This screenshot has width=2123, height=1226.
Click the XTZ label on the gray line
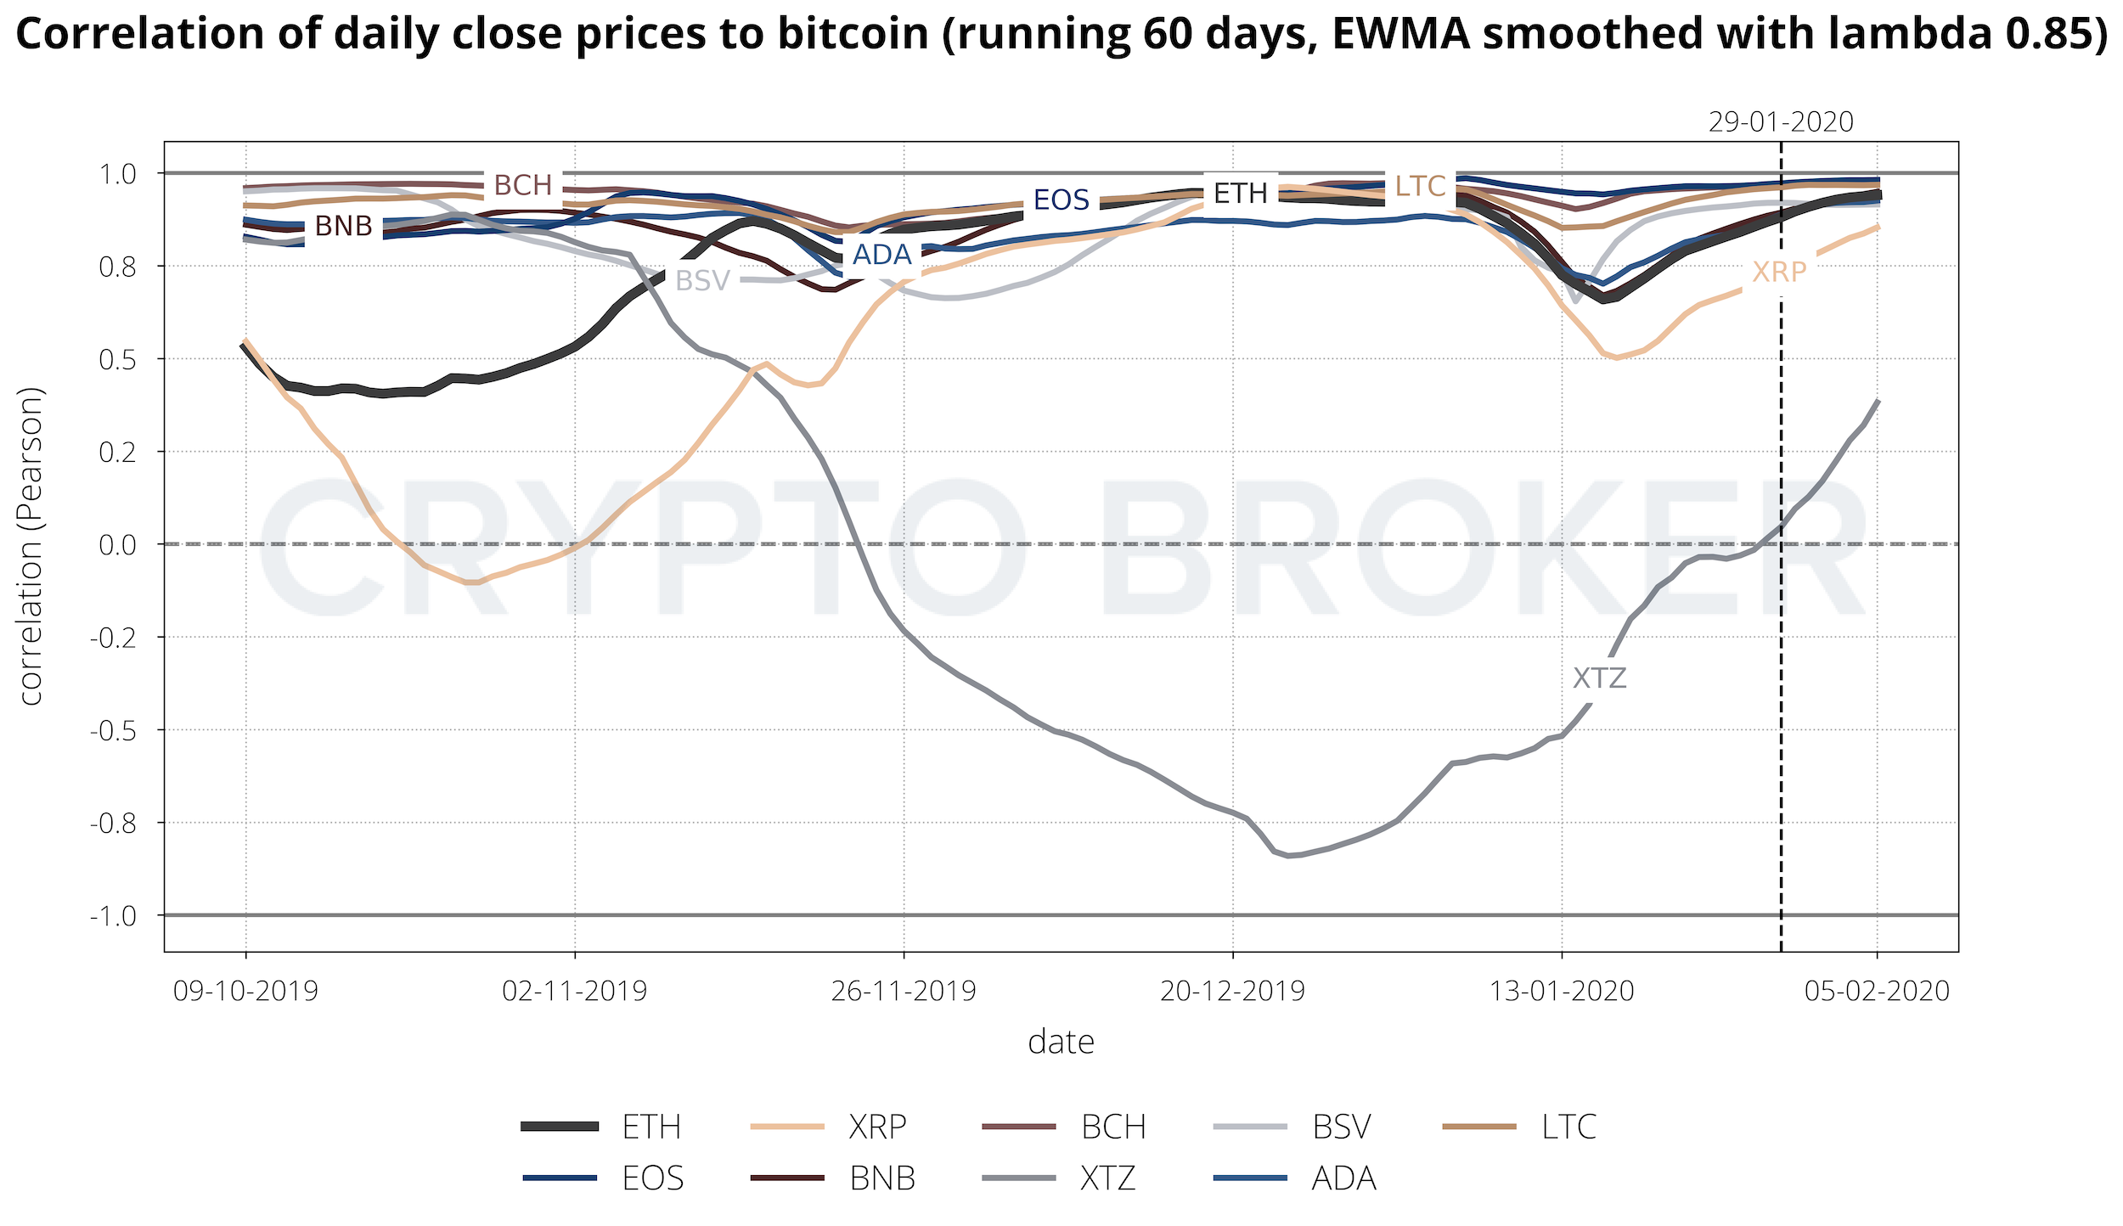point(1599,678)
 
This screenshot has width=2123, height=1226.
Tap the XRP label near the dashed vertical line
point(1779,273)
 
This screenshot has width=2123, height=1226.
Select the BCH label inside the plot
point(522,185)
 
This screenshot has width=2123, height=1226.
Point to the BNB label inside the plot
point(343,227)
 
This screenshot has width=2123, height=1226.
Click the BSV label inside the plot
point(702,281)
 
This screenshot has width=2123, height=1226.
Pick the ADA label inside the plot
point(881,255)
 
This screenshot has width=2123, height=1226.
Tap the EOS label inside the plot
point(1061,200)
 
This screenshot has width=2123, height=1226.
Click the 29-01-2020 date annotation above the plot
point(1781,122)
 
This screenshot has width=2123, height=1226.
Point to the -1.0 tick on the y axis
point(113,916)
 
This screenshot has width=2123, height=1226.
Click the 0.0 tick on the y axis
point(117,545)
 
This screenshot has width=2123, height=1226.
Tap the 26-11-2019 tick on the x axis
point(904,991)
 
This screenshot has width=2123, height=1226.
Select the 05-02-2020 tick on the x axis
point(1877,991)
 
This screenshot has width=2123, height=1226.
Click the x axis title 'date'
point(1061,1043)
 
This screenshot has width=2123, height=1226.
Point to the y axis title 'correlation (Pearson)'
point(31,546)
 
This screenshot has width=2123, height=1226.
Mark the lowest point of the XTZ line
point(1288,856)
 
